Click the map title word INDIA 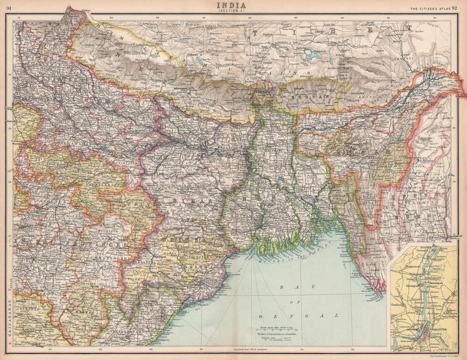pos(233,6)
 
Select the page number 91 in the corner pos(8,7)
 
